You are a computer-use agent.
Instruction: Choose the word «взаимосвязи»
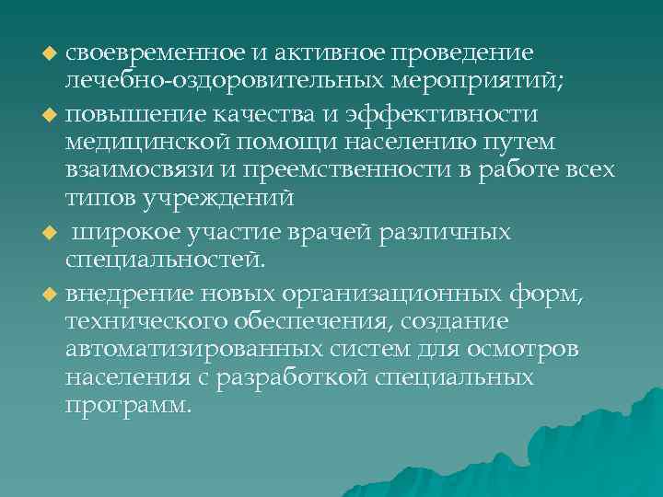(134, 171)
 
